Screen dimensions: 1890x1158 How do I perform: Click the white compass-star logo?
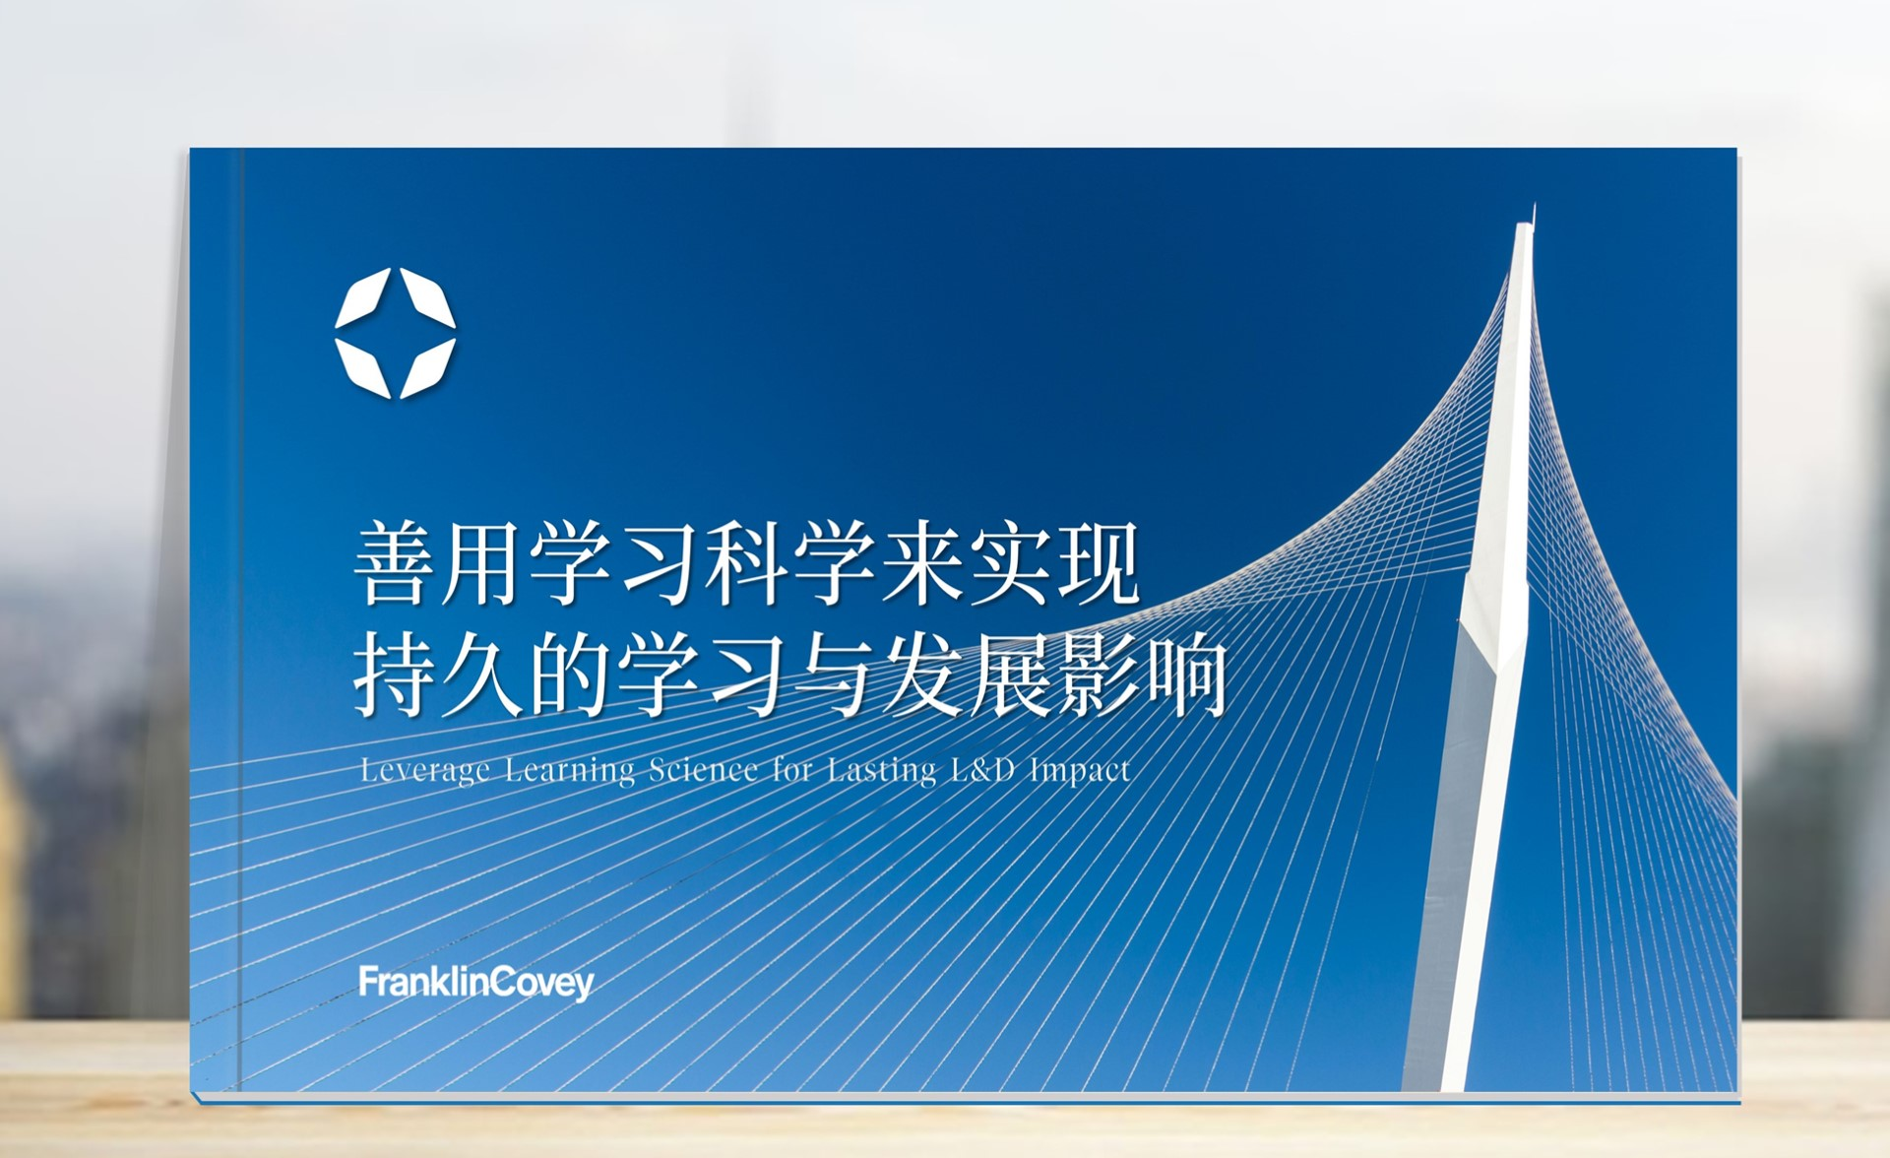click(395, 332)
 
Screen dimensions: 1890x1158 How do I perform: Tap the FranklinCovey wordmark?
click(476, 983)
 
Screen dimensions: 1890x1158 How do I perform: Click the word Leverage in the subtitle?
click(424, 770)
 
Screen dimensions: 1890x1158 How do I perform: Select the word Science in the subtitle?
click(703, 769)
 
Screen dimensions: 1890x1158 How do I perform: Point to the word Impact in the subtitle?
click(1080, 770)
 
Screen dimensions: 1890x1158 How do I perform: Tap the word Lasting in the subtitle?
click(881, 770)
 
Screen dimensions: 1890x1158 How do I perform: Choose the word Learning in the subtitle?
click(570, 770)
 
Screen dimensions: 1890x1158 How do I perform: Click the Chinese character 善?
click(396, 563)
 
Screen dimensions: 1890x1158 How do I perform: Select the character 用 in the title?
click(482, 563)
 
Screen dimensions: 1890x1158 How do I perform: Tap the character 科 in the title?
click(746, 563)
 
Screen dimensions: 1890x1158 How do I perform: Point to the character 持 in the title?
click(396, 675)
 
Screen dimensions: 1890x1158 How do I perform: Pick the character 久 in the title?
click(482, 675)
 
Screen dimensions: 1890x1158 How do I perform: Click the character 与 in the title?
click(834, 675)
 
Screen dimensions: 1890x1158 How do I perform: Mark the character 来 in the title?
click(922, 563)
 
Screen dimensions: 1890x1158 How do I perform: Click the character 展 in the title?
click(1010, 675)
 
